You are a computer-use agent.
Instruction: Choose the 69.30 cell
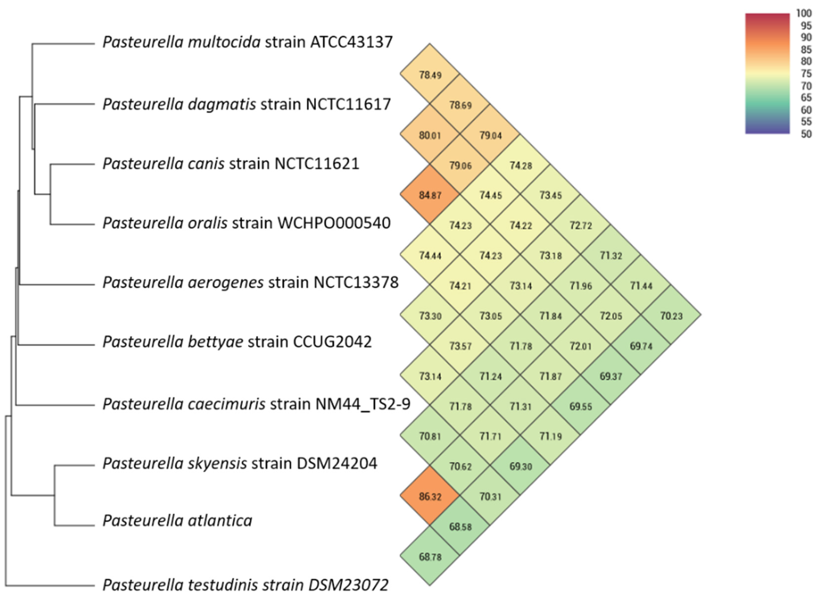click(x=520, y=466)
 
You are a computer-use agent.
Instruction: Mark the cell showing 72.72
click(x=580, y=225)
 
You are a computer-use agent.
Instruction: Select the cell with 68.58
click(x=460, y=526)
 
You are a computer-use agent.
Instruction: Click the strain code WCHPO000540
click(x=334, y=223)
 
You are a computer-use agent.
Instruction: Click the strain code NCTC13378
click(x=356, y=282)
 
